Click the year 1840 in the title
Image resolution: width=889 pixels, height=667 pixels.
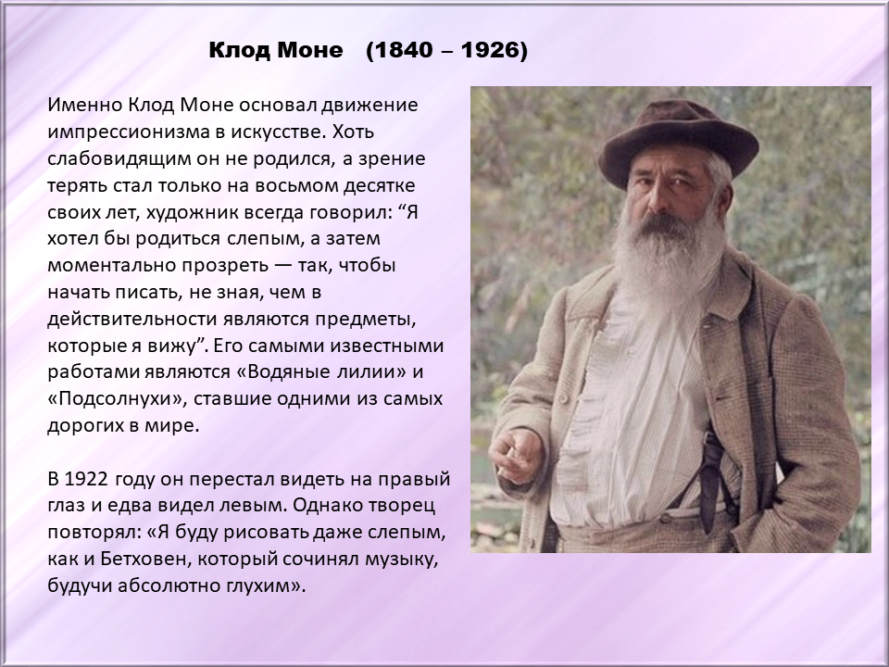(x=403, y=50)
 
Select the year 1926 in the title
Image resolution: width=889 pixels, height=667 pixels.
(x=491, y=50)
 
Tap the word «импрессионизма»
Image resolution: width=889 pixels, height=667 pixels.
(x=128, y=132)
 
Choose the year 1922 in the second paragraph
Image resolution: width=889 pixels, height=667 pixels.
(x=86, y=479)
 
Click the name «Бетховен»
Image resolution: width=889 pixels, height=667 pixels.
(x=144, y=560)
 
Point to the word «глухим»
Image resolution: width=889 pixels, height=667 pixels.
(x=264, y=585)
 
